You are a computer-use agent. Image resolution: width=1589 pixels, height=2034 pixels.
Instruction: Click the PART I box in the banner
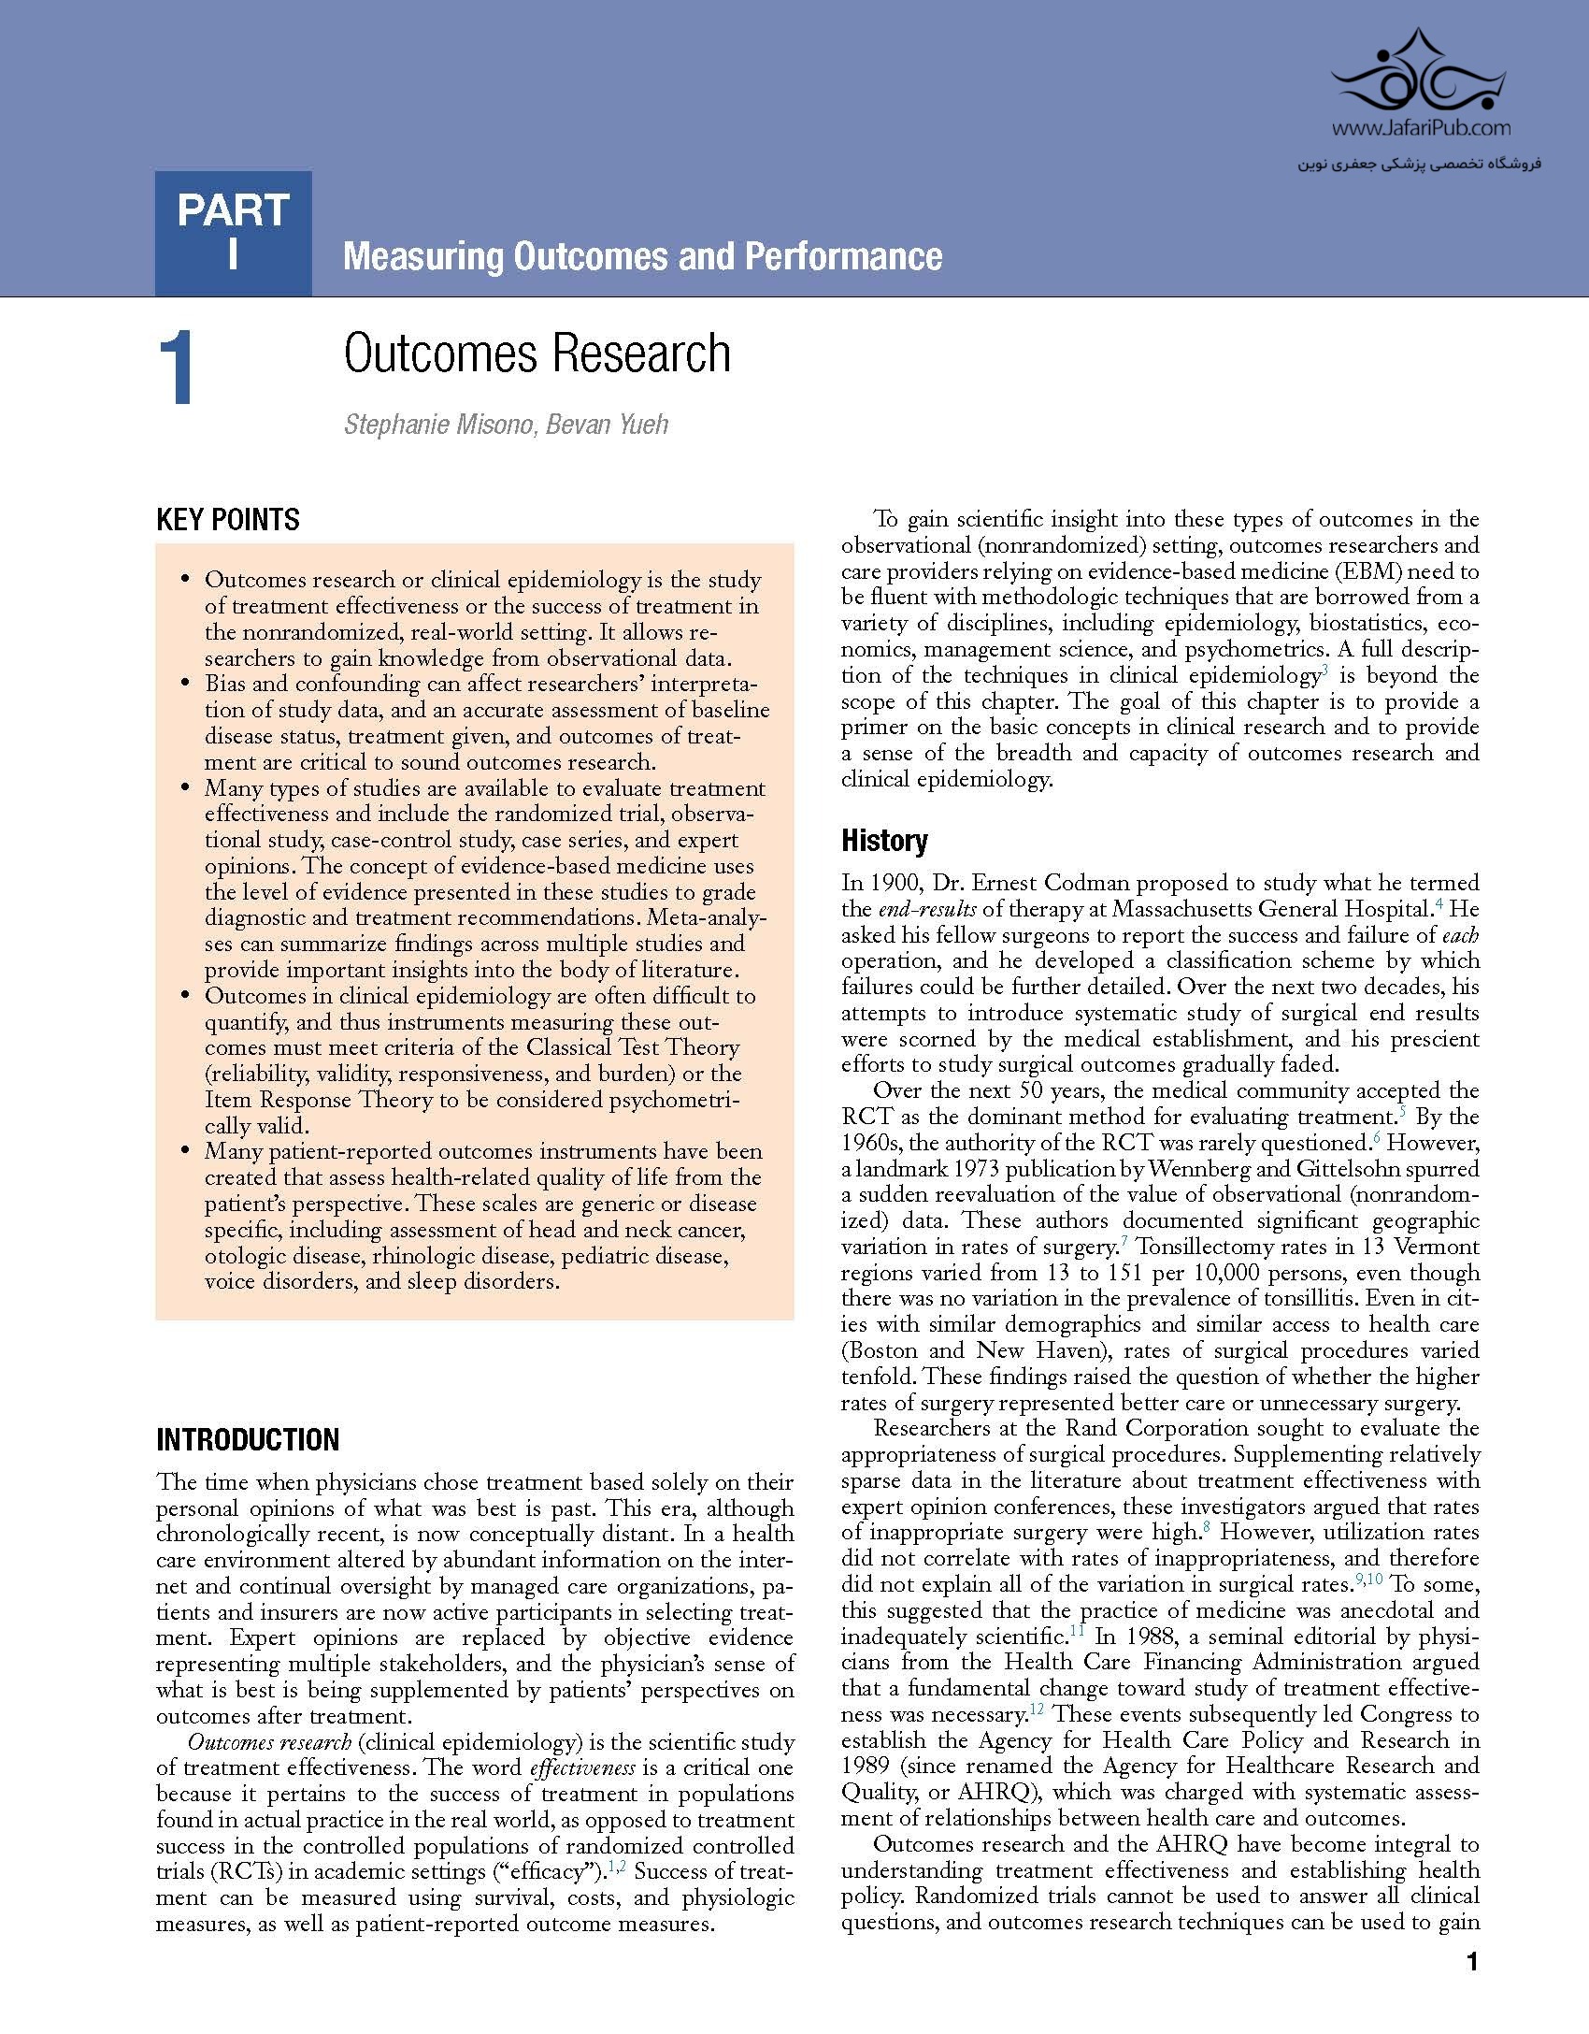pos(233,233)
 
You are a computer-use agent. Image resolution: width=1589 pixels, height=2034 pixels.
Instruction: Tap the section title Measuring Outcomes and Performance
pos(642,256)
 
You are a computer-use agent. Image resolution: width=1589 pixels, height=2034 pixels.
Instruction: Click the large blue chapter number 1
pos(177,370)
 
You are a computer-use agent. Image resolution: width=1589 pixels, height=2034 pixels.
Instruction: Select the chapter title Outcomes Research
pos(537,353)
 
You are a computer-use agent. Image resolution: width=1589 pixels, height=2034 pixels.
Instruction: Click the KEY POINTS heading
pos(228,520)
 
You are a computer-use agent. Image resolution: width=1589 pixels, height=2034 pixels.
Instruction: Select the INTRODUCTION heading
pos(248,1439)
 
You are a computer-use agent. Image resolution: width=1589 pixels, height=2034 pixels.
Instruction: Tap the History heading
pos(884,841)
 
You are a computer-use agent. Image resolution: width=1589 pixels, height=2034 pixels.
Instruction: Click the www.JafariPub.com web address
pos(1422,129)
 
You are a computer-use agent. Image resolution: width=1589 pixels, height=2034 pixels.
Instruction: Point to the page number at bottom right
pos(1473,1962)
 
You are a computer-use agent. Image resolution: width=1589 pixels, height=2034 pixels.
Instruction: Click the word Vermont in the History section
pos(1438,1247)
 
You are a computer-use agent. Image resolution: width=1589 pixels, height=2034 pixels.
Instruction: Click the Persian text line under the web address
pos(1420,165)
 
